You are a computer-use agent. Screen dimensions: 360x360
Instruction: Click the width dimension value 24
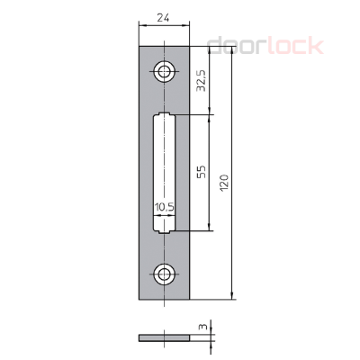coord(165,17)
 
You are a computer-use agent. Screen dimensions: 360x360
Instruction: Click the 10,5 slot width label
coord(164,208)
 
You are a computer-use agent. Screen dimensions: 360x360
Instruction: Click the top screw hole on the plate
coord(165,70)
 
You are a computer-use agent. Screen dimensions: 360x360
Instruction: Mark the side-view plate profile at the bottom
coord(165,338)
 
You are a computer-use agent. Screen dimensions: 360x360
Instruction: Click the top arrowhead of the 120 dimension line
coord(232,50)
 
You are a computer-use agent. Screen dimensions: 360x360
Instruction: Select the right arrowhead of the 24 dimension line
coord(185,28)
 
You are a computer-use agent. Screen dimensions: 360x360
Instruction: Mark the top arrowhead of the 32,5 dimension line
coord(210,50)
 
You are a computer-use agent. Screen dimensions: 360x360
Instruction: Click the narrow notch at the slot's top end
coord(165,115)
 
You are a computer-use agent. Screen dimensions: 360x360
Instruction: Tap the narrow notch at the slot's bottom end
coord(165,229)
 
